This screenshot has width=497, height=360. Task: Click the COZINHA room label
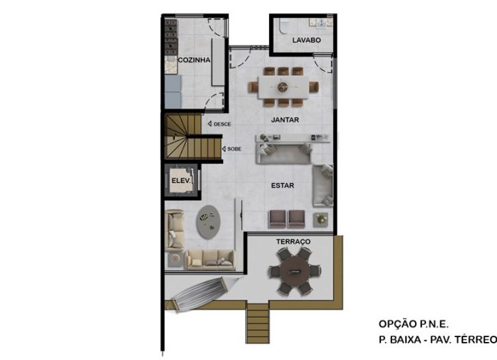pos(194,60)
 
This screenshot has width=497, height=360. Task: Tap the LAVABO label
pos(306,40)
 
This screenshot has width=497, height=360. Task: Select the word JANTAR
pos(285,120)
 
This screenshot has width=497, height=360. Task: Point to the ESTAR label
pos(283,186)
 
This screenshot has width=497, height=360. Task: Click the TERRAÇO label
pos(293,241)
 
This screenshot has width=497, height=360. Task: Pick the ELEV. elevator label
pos(181,181)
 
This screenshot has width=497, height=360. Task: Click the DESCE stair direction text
pos(222,124)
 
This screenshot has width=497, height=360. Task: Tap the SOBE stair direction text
pos(234,149)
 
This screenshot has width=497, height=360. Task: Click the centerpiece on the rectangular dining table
pos(283,87)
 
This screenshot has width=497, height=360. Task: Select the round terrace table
pos(294,271)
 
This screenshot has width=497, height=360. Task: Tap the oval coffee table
pos(208,222)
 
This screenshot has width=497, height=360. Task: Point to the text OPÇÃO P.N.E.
pos(414,324)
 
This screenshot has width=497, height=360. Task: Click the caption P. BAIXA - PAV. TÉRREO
pos(438,340)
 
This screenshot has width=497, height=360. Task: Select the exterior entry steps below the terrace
pos(258,322)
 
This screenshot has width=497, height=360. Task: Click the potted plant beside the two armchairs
pos(321,219)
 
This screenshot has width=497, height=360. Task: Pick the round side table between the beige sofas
pos(175,259)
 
